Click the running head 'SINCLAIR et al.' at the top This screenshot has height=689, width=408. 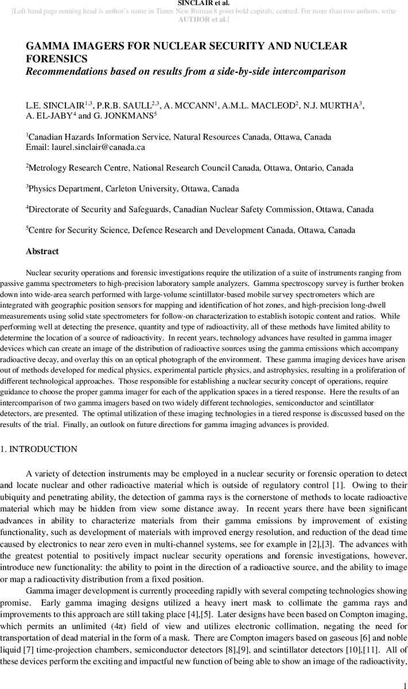[x=204, y=3]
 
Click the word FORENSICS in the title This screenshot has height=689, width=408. [x=57, y=59]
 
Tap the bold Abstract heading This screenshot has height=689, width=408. [x=42, y=251]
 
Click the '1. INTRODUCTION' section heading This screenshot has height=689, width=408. [x=38, y=448]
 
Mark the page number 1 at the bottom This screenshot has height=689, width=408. [x=405, y=683]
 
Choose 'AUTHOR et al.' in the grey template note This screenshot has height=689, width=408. [x=204, y=19]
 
